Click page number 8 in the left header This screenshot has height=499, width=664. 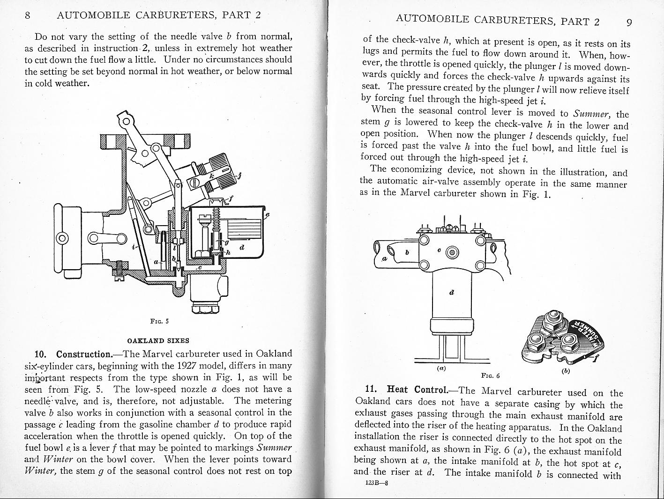coord(27,15)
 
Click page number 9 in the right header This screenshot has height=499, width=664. coord(629,22)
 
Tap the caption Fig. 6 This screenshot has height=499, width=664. coord(491,375)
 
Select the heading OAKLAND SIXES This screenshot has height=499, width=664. coord(159,340)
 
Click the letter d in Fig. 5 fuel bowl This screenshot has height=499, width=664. coord(241,248)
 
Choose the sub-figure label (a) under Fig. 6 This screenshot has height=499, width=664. coord(440,368)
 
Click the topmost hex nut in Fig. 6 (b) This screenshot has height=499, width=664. coord(552,319)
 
